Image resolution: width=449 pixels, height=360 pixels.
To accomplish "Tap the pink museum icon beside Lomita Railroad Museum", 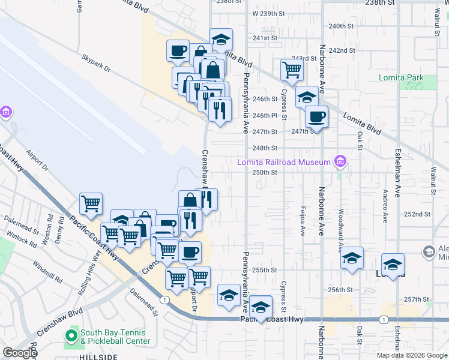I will (x=340, y=161).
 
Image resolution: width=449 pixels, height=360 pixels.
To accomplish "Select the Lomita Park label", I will (x=401, y=78).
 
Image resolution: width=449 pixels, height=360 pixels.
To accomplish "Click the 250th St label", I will (x=264, y=172).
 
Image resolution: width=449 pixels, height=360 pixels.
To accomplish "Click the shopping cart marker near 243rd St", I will (x=292, y=70).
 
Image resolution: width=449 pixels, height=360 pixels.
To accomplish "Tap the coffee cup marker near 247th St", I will (x=316, y=116).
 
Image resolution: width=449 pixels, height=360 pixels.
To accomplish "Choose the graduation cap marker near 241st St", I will (x=221, y=40).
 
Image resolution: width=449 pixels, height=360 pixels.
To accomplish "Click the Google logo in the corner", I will (x=20, y=353).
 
